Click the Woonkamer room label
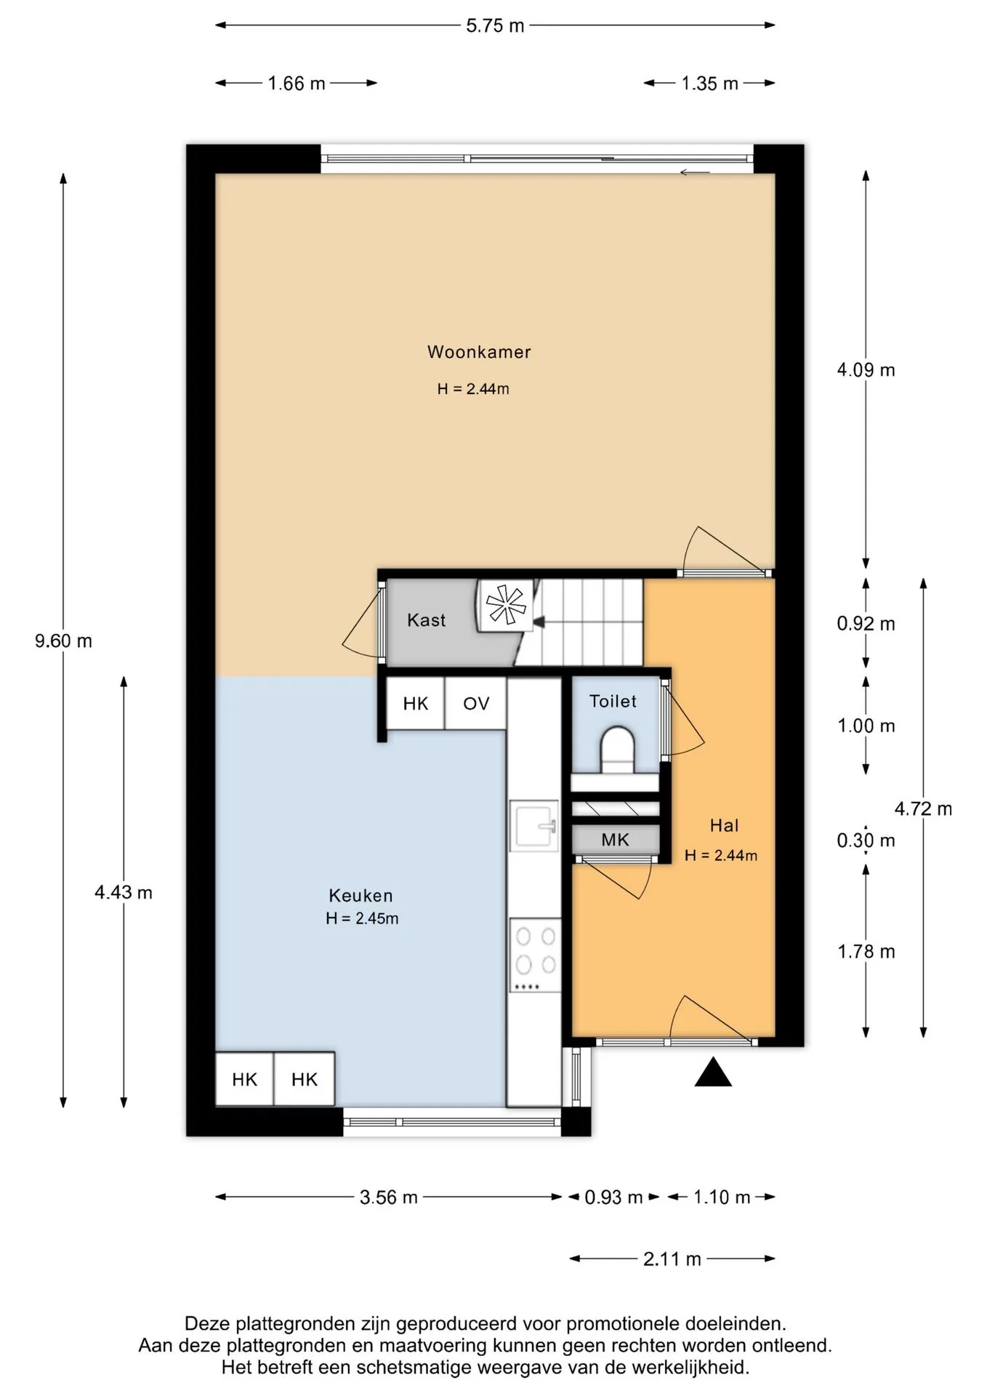tap(479, 352)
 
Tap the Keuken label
tap(360, 896)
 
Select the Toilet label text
tap(613, 701)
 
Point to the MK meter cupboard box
tap(616, 840)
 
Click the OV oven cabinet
tap(476, 703)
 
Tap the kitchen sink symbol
tap(534, 825)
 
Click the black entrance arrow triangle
tap(713, 1072)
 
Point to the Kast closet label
tap(426, 620)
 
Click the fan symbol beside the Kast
tap(506, 604)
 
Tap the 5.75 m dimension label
tap(495, 25)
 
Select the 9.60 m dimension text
tap(63, 641)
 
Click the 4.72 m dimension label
tap(923, 809)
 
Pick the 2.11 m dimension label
tap(672, 1259)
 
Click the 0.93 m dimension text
tap(613, 1197)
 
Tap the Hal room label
tap(724, 825)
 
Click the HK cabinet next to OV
tap(415, 703)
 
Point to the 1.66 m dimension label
tap(297, 84)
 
